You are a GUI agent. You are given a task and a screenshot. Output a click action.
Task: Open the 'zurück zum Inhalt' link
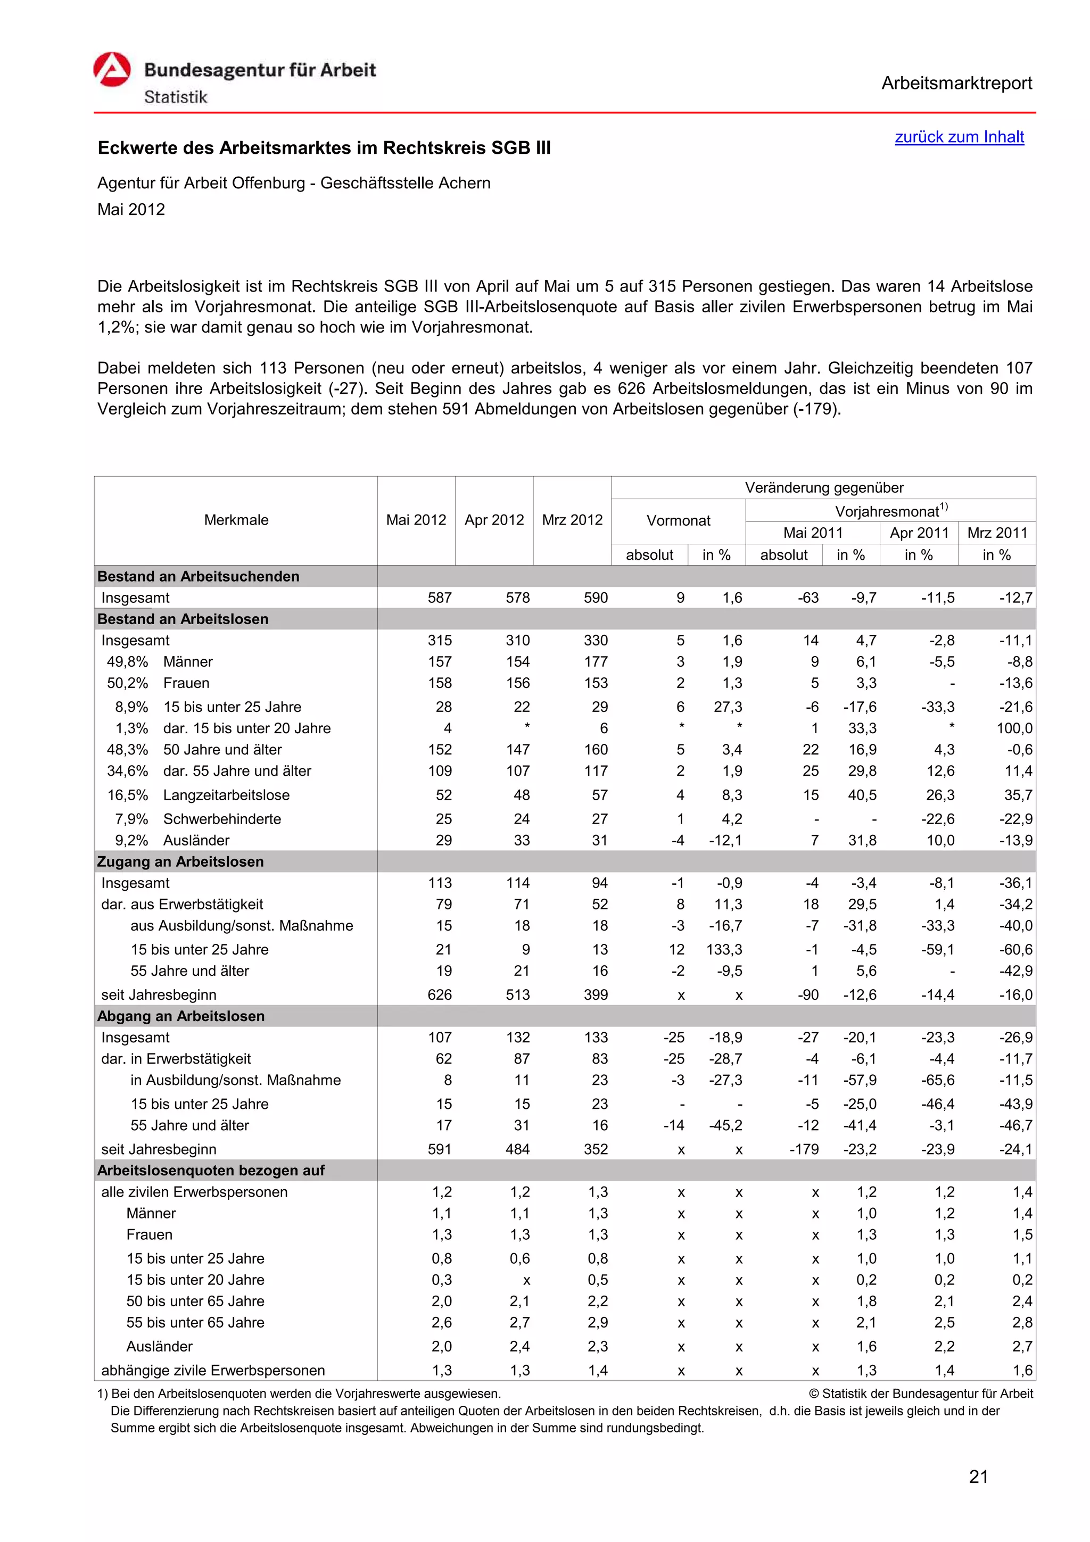[959, 137]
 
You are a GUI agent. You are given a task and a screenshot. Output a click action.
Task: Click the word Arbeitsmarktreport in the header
[956, 84]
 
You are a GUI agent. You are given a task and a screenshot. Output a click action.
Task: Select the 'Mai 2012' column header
[416, 520]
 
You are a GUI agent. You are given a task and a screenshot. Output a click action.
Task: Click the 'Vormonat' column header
[678, 520]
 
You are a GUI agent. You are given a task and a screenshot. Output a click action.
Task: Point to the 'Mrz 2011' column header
[997, 533]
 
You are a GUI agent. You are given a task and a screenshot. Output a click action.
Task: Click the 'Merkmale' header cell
[236, 520]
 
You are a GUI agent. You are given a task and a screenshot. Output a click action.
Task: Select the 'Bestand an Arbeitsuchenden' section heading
[198, 576]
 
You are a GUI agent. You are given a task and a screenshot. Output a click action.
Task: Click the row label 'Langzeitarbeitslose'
[226, 795]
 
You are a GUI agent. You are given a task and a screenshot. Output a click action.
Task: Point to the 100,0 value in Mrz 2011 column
[1014, 728]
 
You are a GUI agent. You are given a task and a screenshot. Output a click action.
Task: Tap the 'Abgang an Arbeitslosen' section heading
[180, 1016]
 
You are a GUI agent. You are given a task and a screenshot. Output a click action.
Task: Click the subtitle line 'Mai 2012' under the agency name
[131, 210]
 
